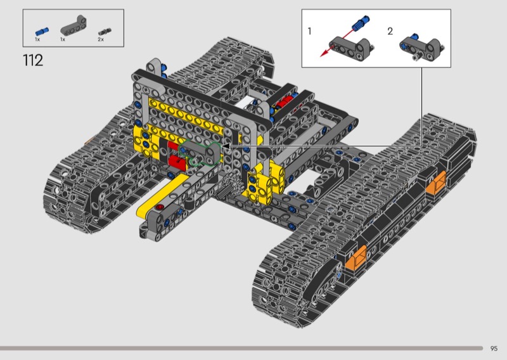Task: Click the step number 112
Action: pyautogui.click(x=33, y=60)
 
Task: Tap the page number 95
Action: pyautogui.click(x=494, y=349)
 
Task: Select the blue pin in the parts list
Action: pyautogui.click(x=42, y=32)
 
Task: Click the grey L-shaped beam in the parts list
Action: pyautogui.click(x=74, y=25)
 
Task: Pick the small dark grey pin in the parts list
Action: pyautogui.click(x=105, y=32)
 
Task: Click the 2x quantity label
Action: pyautogui.click(x=101, y=39)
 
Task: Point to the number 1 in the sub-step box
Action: pyautogui.click(x=309, y=31)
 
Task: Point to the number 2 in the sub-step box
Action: pyautogui.click(x=390, y=31)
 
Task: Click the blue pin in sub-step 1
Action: pyautogui.click(x=361, y=23)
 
